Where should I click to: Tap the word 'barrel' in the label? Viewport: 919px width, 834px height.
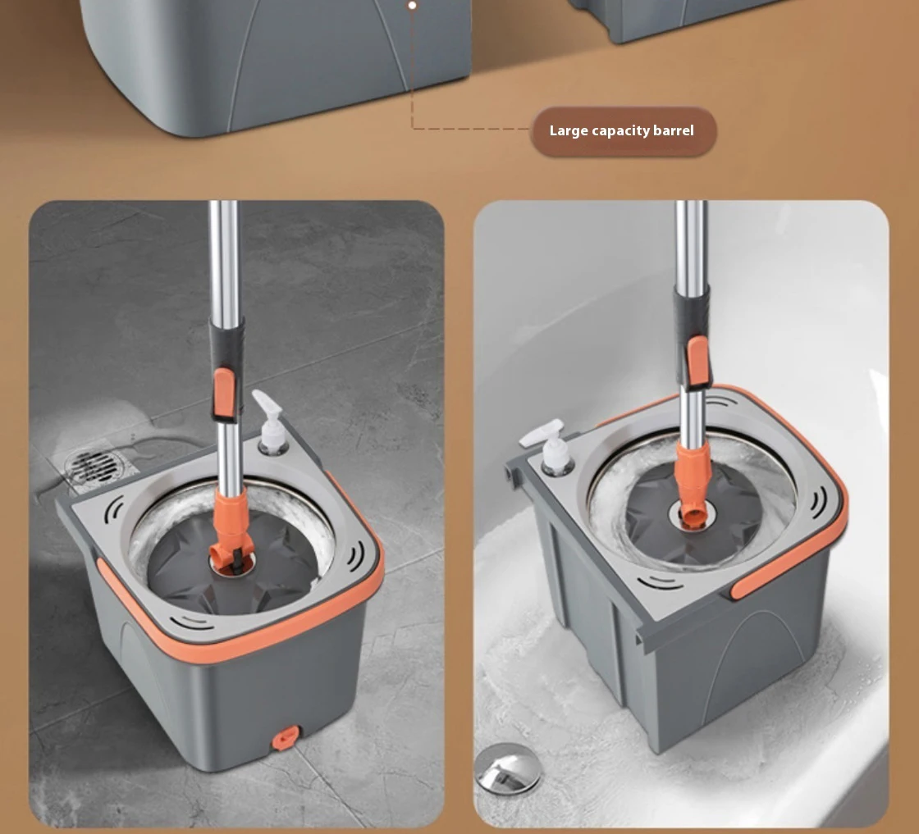(670, 131)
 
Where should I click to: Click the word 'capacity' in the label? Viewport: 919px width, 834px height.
(618, 131)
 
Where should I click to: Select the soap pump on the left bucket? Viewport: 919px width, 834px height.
(267, 423)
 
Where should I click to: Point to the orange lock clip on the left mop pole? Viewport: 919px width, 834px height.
(222, 394)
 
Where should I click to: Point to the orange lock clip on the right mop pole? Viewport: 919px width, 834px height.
(698, 361)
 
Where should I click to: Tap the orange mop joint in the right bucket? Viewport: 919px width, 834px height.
(694, 484)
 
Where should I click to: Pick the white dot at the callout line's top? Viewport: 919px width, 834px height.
(412, 5)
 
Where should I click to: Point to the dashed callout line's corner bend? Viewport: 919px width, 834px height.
(412, 129)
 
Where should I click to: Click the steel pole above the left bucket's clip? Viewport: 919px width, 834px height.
(223, 262)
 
